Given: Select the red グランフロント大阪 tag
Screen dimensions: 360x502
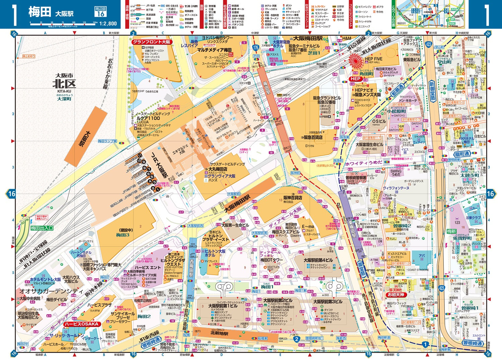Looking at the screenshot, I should point(152,42).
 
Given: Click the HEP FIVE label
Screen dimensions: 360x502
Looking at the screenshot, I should point(373,59).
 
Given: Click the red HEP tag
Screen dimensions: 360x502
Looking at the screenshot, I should point(355,79).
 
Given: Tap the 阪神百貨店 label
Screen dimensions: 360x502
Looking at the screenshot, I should point(292,198).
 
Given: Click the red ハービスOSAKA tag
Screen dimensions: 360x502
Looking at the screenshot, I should point(81,324).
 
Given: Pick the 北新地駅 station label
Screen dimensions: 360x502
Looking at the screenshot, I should point(219,333).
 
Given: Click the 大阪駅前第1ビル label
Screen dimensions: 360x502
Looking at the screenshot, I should point(223,306).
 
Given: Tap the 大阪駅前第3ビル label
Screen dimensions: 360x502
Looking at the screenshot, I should point(328,301).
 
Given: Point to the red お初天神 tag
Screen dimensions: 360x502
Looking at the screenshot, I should point(396,295).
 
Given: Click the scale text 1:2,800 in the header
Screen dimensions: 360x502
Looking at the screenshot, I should point(108,23).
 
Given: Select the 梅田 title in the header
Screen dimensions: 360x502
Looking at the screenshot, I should point(39,12).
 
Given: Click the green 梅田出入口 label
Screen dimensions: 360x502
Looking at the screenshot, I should point(42,228).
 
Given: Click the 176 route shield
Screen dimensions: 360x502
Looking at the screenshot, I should point(256,48).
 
